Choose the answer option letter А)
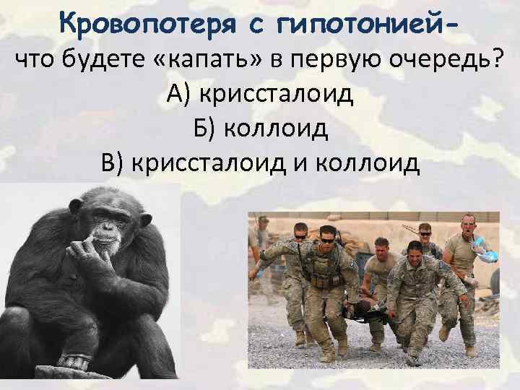click(x=179, y=94)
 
